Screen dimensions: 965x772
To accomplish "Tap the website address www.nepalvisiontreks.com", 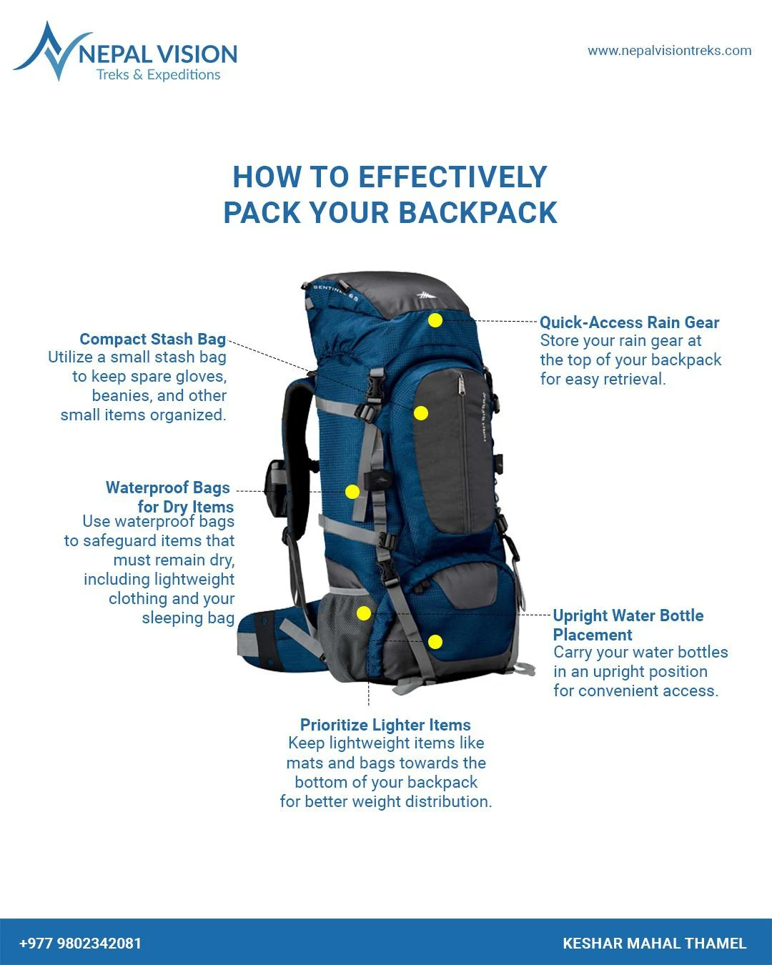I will tap(669, 51).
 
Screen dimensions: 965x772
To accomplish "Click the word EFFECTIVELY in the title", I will tap(452, 177).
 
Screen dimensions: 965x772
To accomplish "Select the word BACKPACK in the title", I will tap(477, 213).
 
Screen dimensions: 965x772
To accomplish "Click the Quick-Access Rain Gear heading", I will tap(629, 322).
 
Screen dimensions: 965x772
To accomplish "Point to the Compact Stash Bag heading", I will tap(152, 340).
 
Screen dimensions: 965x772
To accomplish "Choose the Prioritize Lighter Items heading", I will tap(385, 725).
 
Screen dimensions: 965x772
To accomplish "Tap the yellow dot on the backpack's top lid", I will tap(435, 320).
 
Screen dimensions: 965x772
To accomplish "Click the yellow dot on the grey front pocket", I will tap(421, 413).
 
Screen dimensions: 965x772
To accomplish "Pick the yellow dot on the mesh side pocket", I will tap(364, 613).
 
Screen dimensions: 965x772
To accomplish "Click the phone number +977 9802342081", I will tap(80, 943).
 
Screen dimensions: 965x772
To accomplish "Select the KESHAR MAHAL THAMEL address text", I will tap(654, 943).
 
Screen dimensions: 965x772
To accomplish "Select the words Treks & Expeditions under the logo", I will tap(159, 75).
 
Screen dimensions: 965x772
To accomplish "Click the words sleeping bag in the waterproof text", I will tap(188, 618).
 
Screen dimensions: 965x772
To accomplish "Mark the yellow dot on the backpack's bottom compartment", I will tap(435, 642).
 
